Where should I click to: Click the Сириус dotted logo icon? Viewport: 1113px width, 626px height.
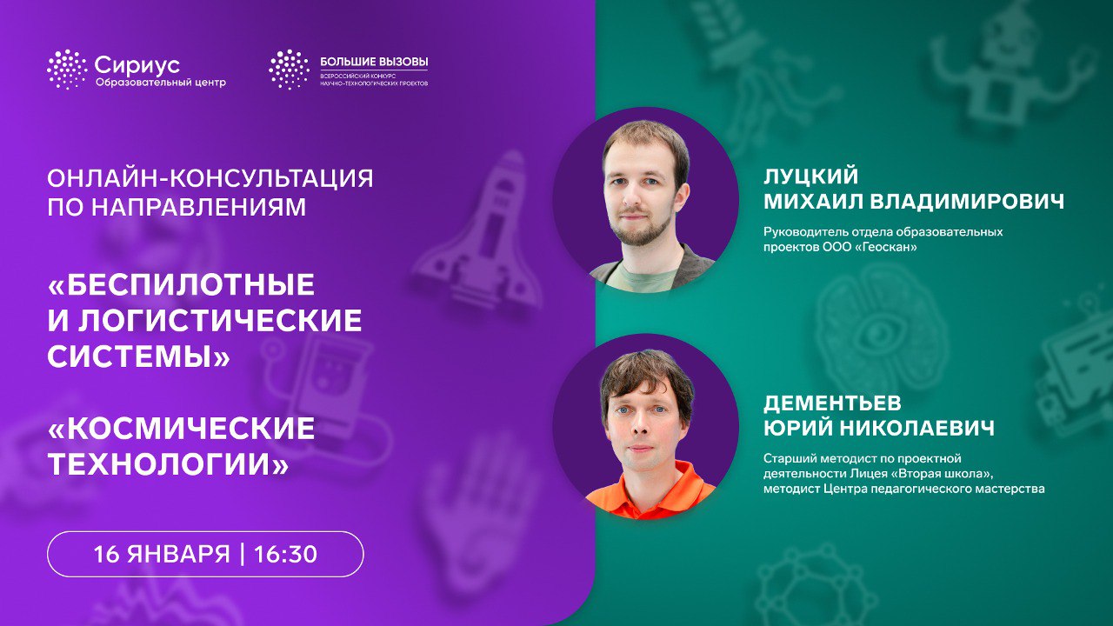(68, 70)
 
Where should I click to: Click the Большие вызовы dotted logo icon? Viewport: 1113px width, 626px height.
(289, 70)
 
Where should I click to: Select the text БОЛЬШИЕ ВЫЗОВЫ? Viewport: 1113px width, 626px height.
(374, 63)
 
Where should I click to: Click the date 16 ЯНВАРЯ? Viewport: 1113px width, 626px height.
(162, 554)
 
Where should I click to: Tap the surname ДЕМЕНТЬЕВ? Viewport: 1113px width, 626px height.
(833, 403)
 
